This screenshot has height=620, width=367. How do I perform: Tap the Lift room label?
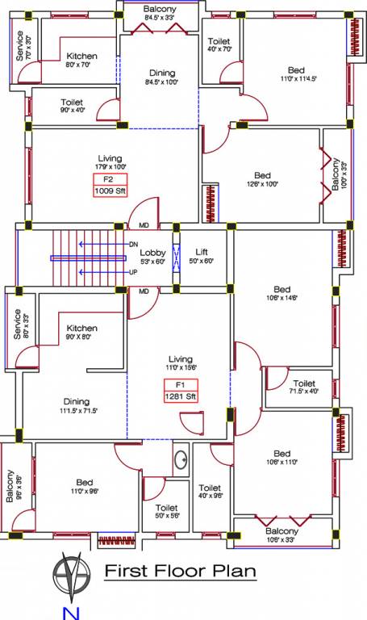pos(197,256)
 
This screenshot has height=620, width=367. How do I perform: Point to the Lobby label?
pos(153,256)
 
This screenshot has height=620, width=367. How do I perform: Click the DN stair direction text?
pos(133,244)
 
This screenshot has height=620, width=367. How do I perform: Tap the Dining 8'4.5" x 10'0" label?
pos(160,77)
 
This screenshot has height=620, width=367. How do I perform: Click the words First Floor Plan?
pos(181,572)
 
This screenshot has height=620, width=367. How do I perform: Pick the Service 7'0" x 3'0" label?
pos(23,46)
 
